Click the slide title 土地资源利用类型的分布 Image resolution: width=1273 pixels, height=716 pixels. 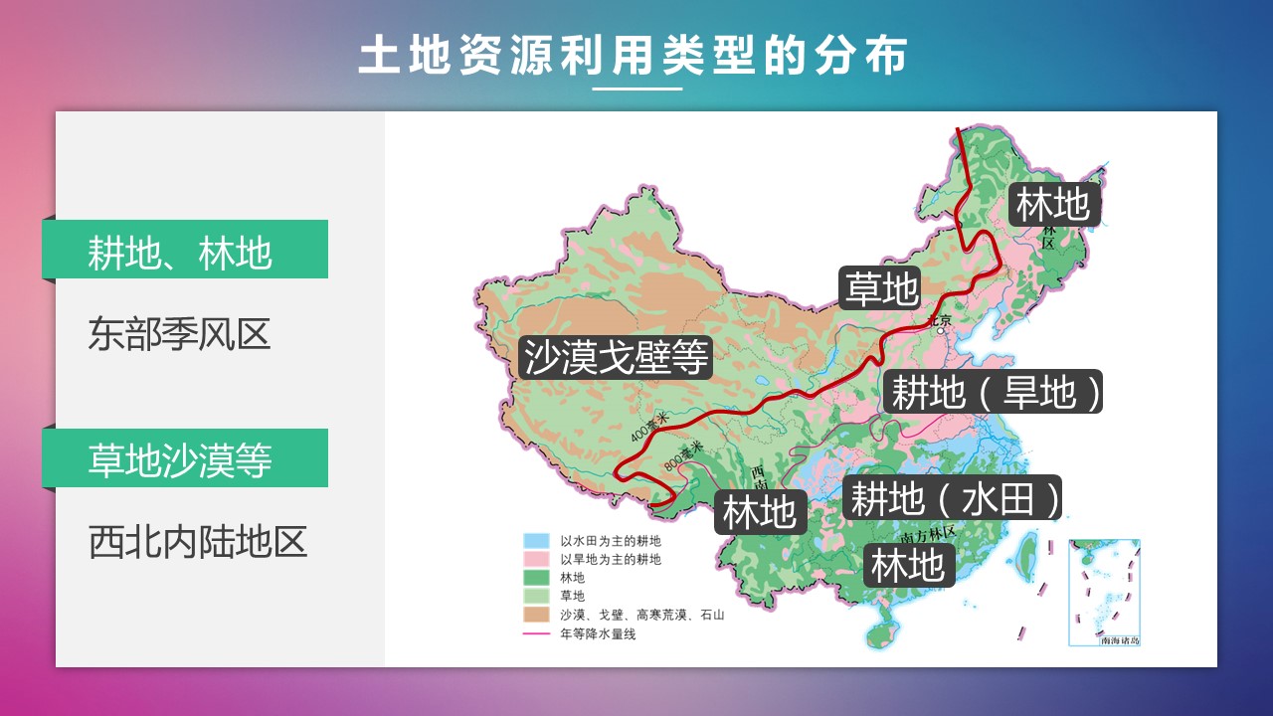(x=634, y=57)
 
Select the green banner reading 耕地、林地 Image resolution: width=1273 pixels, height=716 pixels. (x=185, y=250)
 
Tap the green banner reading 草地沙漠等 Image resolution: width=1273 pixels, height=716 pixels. (x=185, y=458)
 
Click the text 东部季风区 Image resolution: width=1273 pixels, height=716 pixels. (x=179, y=334)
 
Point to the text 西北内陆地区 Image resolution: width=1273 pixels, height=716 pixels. (x=198, y=543)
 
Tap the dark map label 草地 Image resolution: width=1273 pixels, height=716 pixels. (x=880, y=288)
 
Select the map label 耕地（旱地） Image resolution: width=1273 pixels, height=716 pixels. (x=996, y=393)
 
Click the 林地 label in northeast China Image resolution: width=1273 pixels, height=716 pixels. (x=1052, y=205)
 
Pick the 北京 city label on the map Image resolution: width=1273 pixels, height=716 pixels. (x=939, y=320)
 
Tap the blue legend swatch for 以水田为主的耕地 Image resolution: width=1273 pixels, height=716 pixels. (x=536, y=541)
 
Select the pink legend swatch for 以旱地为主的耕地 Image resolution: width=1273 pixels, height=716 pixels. (x=536, y=559)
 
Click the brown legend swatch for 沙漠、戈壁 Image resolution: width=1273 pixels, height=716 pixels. (x=536, y=615)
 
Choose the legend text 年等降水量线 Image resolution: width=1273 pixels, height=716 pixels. (x=597, y=633)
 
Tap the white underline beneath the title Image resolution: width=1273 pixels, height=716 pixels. (x=636, y=89)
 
